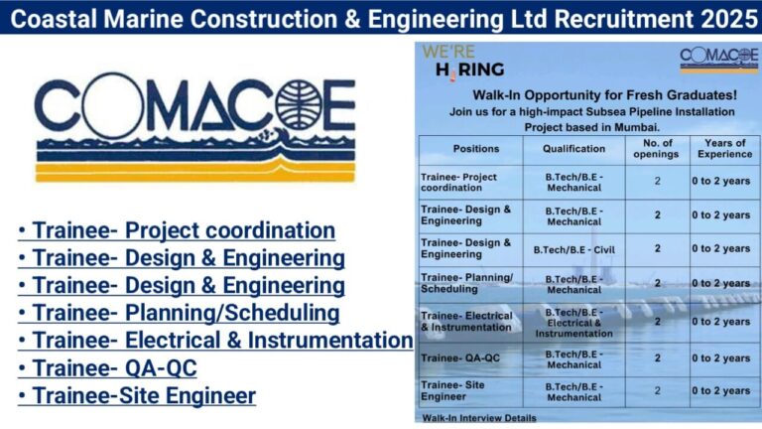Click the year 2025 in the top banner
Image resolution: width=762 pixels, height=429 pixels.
tap(721, 18)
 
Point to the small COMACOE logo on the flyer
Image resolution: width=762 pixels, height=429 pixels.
tap(718, 59)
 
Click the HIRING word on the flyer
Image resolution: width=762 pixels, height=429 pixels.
tap(470, 70)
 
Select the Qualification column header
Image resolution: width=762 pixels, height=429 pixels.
tap(573, 149)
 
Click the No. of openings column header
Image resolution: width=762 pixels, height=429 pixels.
tap(656, 149)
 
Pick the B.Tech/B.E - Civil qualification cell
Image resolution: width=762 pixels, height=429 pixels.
tap(573, 249)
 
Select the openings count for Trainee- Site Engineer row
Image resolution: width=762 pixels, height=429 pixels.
tap(656, 391)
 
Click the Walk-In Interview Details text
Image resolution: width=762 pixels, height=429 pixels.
tap(478, 418)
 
